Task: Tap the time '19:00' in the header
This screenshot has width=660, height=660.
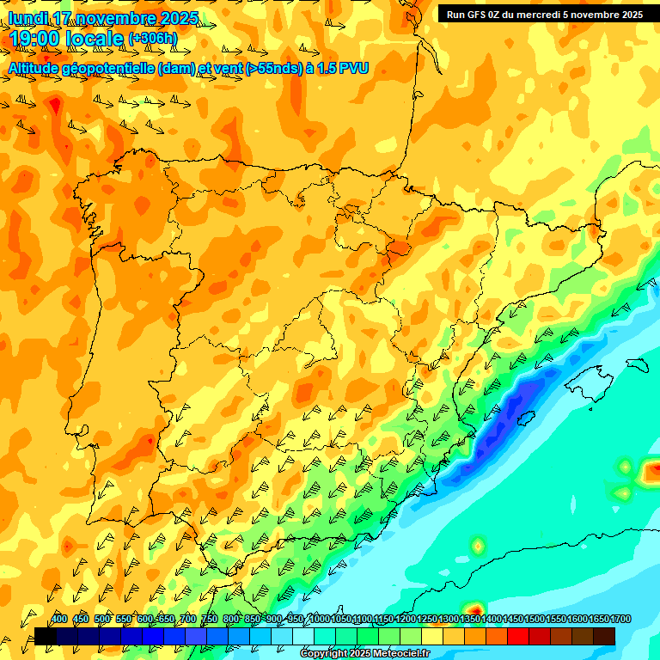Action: click(x=34, y=39)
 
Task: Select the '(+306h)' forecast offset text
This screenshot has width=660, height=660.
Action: click(x=153, y=39)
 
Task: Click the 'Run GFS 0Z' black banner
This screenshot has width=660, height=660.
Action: click(x=544, y=14)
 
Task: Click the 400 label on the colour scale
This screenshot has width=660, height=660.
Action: click(x=59, y=620)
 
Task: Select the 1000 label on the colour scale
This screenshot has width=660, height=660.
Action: click(x=320, y=620)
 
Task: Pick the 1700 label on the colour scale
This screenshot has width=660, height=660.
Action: click(x=599, y=620)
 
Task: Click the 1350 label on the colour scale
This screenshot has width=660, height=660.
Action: click(x=470, y=620)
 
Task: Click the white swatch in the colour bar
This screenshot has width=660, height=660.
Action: click(x=303, y=636)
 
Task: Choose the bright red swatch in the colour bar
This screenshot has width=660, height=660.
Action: click(x=518, y=636)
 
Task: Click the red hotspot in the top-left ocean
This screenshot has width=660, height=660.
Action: click(x=55, y=106)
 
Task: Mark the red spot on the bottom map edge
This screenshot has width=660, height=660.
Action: click(x=473, y=608)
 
